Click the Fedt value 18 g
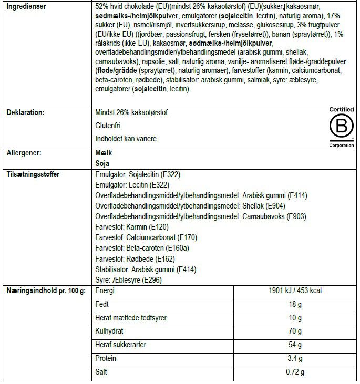click(x=296, y=305)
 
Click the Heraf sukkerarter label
click(x=120, y=345)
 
